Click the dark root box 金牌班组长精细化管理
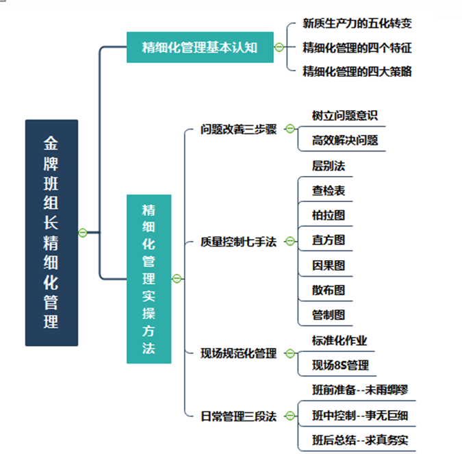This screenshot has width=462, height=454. point(51,233)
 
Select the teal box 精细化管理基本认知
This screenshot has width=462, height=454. point(200,47)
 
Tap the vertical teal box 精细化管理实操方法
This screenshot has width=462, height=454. point(149,278)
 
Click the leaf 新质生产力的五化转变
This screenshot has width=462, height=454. point(357,23)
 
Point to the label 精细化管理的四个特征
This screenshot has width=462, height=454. point(357,48)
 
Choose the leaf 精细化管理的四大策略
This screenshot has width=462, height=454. point(357,71)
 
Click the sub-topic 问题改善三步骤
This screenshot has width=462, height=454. point(238,129)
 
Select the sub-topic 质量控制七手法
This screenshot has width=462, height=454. point(238,241)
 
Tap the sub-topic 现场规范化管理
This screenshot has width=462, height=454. point(238,353)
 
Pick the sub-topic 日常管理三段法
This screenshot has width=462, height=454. point(238,416)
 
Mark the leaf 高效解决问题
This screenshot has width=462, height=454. point(344,141)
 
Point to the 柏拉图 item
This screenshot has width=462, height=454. point(329,215)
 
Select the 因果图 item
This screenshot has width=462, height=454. point(329,266)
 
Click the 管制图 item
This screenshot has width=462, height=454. point(329,315)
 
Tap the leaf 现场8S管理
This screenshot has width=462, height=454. point(340,365)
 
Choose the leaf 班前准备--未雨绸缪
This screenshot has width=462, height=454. point(360,390)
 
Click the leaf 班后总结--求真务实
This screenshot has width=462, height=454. point(360,440)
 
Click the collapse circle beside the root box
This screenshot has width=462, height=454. point(83,233)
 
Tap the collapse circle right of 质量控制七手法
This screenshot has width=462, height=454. point(290,241)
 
